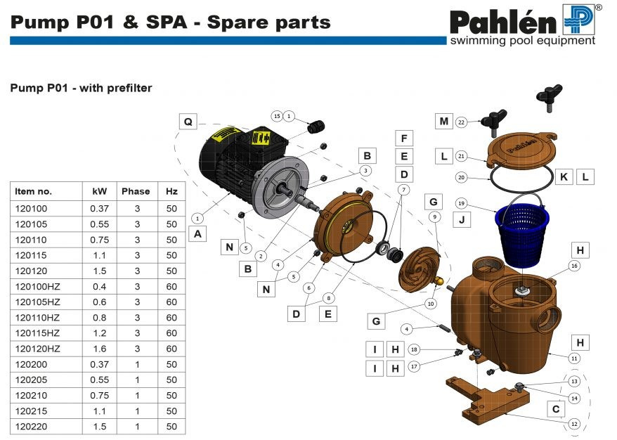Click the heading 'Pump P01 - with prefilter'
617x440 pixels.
click(81, 89)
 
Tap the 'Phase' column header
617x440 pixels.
click(136, 191)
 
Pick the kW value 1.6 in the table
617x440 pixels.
click(98, 348)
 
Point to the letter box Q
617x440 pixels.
click(188, 121)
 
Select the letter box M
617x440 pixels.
click(443, 122)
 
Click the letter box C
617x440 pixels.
click(556, 408)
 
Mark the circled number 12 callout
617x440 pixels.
click(574, 424)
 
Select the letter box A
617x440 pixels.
click(198, 234)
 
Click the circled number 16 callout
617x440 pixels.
click(574, 266)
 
